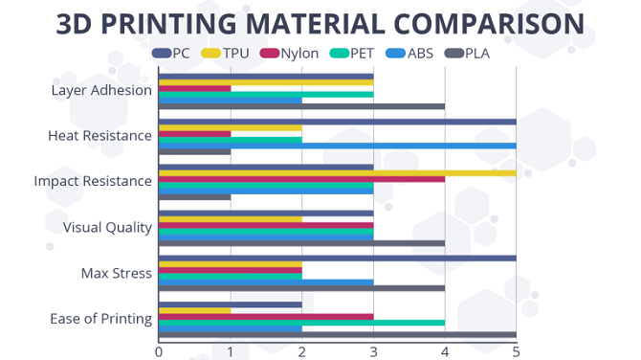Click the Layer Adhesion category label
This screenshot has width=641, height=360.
coord(101,91)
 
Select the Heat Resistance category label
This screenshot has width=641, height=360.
coord(99,136)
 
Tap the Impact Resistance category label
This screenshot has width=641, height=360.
coord(93,181)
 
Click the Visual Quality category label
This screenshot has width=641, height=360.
coord(107,227)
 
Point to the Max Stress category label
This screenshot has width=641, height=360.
coord(117,273)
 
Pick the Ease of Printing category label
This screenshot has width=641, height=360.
coord(100,318)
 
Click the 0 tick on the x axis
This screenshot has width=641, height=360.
coord(159,351)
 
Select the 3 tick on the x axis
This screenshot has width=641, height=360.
coord(373,351)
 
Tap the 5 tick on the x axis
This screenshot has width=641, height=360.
coord(517,351)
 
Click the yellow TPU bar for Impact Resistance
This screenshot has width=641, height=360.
coord(337,172)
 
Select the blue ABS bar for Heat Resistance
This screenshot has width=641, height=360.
coord(337,146)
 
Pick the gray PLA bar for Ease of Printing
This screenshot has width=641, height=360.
coord(337,335)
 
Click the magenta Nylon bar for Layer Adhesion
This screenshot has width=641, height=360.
coord(194,88)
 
